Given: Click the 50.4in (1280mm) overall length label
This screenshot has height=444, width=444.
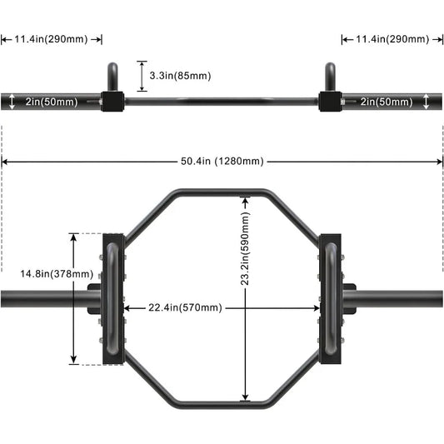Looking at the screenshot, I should click(222, 162).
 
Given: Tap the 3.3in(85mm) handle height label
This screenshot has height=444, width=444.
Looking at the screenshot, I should click(180, 76).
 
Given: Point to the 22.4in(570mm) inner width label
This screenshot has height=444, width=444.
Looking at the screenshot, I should click(185, 307).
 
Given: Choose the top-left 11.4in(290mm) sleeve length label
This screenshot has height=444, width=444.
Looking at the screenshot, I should click(52, 39).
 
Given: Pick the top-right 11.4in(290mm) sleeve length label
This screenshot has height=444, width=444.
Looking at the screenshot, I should click(392, 39).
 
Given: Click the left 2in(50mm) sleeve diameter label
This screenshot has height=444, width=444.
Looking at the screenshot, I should click(52, 102).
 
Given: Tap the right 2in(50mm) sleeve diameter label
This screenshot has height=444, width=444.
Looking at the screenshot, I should click(387, 102).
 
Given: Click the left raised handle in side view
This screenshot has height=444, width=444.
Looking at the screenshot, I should click(113, 77).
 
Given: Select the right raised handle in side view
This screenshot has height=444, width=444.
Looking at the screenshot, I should click(330, 77).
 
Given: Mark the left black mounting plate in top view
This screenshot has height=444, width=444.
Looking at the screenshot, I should click(113, 298).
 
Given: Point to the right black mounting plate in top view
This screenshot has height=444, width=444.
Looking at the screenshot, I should click(330, 298).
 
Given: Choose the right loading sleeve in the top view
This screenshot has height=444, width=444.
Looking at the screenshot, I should click(400, 298).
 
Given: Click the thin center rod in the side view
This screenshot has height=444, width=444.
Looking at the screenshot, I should click(222, 102).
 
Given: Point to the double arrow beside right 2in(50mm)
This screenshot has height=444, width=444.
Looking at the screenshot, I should click(427, 102).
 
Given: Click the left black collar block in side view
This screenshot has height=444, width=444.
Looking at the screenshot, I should click(113, 102).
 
